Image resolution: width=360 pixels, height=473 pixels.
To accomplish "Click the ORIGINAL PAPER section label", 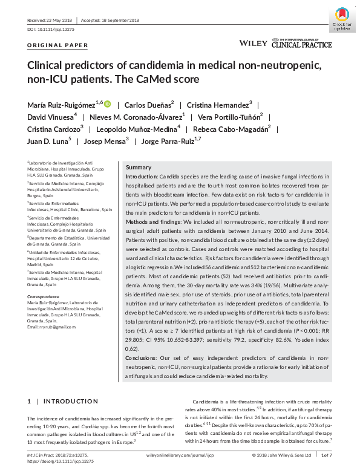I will pos(58,45).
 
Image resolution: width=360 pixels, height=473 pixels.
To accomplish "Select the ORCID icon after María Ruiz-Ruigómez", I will pos(108,104).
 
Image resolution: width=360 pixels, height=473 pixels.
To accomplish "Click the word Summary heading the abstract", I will pos(139,167).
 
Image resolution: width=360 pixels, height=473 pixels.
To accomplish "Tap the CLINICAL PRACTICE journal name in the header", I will pos(301,45).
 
